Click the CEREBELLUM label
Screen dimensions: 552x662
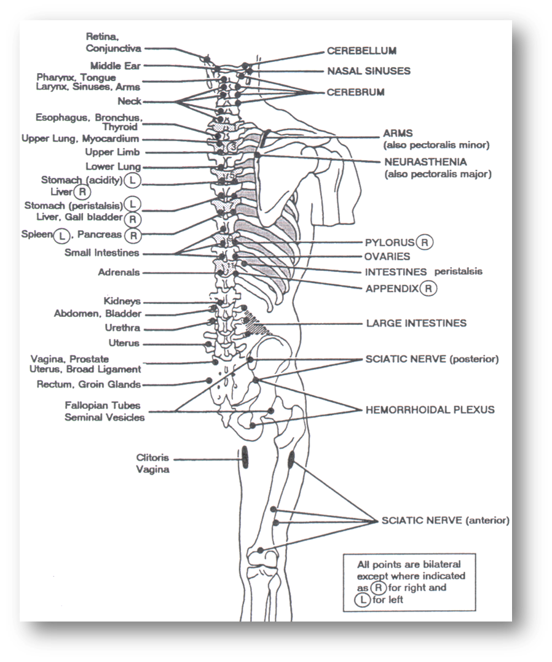(361, 51)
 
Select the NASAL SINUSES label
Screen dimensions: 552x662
(369, 71)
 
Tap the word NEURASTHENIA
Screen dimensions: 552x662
(425, 162)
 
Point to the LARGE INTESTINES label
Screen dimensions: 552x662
(416, 324)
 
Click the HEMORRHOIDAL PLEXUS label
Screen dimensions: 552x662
(430, 410)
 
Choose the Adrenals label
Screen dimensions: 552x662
(119, 272)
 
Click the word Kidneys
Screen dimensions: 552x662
(122, 301)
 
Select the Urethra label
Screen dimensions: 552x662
(122, 328)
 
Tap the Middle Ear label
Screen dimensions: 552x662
(116, 66)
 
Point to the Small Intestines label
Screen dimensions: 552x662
(102, 253)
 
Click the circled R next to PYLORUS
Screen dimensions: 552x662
(425, 243)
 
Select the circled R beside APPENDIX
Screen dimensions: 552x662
(428, 289)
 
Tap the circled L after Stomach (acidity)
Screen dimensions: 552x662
(133, 181)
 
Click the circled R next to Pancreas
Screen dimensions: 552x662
(133, 236)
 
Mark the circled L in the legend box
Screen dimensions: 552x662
(363, 600)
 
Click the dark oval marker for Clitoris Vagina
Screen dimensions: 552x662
(245, 458)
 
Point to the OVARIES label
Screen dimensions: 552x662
(387, 257)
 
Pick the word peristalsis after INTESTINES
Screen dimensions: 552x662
(458, 271)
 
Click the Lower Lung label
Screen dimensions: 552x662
(113, 167)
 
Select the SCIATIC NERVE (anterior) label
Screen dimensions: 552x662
(446, 521)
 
